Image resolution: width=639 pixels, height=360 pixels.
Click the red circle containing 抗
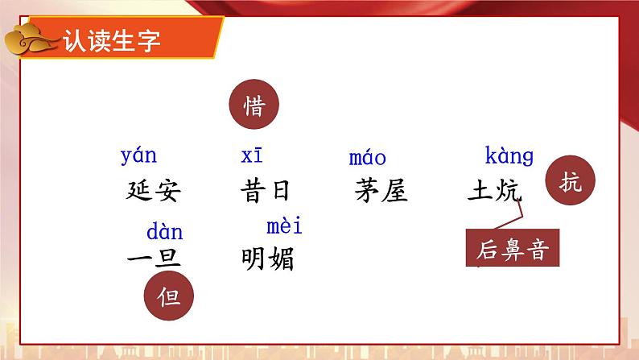click(568, 184)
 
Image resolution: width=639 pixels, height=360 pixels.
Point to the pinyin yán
click(138, 155)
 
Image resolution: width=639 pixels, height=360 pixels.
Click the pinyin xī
click(251, 155)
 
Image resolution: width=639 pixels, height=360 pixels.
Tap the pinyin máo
click(368, 157)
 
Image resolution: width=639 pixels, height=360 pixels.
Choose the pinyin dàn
click(164, 233)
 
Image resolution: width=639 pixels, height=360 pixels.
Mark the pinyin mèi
click(284, 226)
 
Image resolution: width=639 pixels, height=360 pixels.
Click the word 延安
click(154, 191)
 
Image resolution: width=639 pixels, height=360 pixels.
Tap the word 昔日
click(265, 191)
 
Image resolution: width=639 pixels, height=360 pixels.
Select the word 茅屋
click(381, 191)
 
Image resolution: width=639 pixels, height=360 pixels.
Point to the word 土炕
click(494, 191)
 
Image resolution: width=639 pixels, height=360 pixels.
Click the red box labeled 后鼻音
click(512, 249)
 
